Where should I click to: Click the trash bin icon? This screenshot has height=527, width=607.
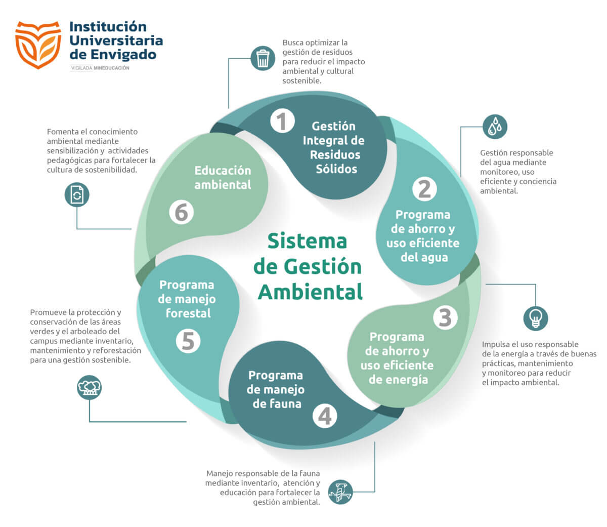[x=263, y=58]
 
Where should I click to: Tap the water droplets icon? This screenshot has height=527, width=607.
[x=495, y=127]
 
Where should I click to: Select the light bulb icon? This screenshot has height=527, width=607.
[x=535, y=318]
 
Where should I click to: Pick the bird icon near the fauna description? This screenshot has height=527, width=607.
[x=340, y=492]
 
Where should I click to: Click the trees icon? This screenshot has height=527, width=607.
[x=90, y=387]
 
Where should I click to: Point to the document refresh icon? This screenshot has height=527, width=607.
[x=77, y=194]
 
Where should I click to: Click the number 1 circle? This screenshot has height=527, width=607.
[x=282, y=121]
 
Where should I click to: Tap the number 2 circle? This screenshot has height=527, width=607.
[x=424, y=189]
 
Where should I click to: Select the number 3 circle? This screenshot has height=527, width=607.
[x=445, y=317]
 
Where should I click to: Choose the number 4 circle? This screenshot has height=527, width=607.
[x=324, y=416]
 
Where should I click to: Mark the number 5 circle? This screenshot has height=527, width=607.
[x=188, y=341]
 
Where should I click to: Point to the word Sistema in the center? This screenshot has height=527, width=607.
[x=307, y=241]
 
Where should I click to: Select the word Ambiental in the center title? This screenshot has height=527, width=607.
[x=310, y=292]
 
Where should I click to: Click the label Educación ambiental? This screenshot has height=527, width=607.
[x=223, y=177]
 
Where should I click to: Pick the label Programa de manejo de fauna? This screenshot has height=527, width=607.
[x=276, y=389]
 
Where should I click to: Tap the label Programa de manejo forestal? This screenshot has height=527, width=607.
[x=187, y=299]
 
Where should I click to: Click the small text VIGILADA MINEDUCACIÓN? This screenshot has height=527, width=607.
[x=100, y=68]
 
